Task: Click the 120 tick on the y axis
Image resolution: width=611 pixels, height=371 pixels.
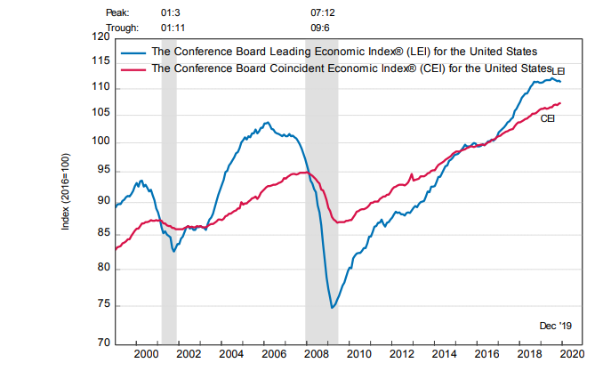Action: click(x=100, y=38)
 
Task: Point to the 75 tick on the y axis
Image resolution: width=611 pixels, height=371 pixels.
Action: click(x=103, y=305)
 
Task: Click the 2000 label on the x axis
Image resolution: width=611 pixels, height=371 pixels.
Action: click(x=147, y=354)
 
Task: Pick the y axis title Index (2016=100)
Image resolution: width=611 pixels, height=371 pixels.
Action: click(x=65, y=190)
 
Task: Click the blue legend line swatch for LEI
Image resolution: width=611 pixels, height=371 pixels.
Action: click(x=133, y=52)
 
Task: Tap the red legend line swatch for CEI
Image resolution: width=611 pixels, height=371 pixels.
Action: click(x=133, y=67)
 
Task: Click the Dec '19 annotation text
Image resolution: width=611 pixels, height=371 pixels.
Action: click(x=555, y=327)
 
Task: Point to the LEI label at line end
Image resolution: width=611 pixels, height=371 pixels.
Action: click(x=559, y=70)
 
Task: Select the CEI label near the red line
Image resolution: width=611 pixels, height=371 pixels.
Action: click(x=548, y=117)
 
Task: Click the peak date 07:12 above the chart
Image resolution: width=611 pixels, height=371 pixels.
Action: click(x=323, y=13)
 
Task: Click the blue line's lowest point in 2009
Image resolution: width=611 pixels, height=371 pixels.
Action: click(x=332, y=308)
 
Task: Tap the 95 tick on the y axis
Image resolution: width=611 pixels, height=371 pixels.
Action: click(x=103, y=169)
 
